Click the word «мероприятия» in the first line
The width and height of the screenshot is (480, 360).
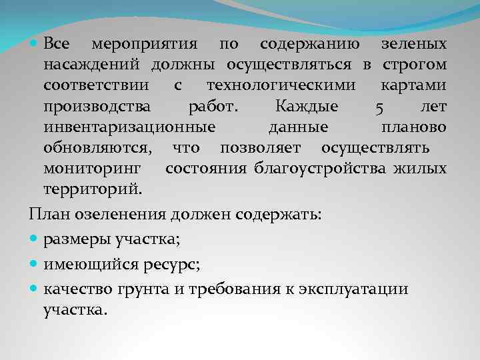pos(143,45)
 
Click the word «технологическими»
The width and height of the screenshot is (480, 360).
pos(281,86)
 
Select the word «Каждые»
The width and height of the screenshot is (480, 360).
pos(306,107)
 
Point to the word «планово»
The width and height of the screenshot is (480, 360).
pos(414,127)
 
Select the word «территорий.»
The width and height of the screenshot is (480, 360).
pos(93,189)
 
